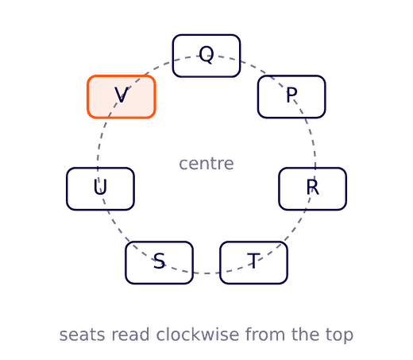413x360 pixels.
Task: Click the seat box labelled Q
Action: [x=206, y=56]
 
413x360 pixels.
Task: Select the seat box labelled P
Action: [x=291, y=97]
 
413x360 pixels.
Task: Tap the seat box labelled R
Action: [x=313, y=189]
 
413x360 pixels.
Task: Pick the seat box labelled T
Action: [x=253, y=262]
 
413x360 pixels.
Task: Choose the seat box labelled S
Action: [x=159, y=262]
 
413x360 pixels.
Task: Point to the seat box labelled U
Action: [x=100, y=189]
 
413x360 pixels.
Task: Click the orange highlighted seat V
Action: [x=122, y=97]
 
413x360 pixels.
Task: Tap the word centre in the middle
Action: [x=206, y=164]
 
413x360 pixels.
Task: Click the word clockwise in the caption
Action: [x=198, y=335]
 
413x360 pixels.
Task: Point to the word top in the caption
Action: [x=340, y=335]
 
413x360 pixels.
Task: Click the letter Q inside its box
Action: [x=206, y=54]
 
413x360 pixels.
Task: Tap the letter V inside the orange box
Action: [x=122, y=95]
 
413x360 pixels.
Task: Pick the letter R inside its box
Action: [x=313, y=187]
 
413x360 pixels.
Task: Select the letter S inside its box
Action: [x=159, y=261]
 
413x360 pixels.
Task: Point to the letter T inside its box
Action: [x=253, y=261]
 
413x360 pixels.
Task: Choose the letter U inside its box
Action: [x=100, y=188]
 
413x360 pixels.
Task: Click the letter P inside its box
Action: [x=291, y=95]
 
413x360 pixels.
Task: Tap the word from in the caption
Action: [x=265, y=335]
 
